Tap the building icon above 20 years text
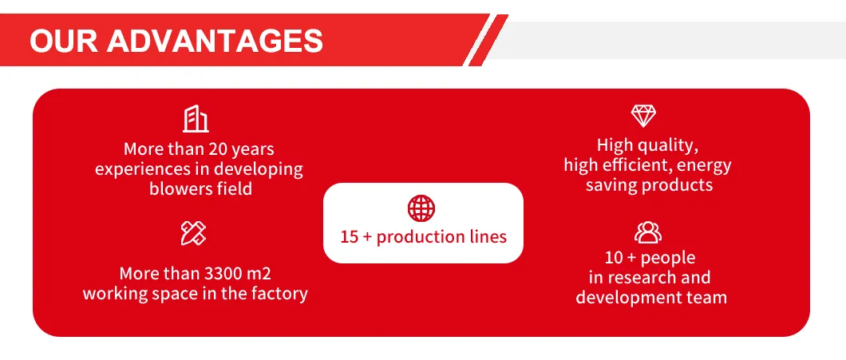(196, 119)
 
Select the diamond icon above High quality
(643, 116)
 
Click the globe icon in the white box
(422, 208)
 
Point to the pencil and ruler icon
(194, 233)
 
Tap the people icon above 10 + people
(647, 232)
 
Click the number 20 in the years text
(218, 149)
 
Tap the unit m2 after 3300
(261, 273)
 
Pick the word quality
(669, 145)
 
